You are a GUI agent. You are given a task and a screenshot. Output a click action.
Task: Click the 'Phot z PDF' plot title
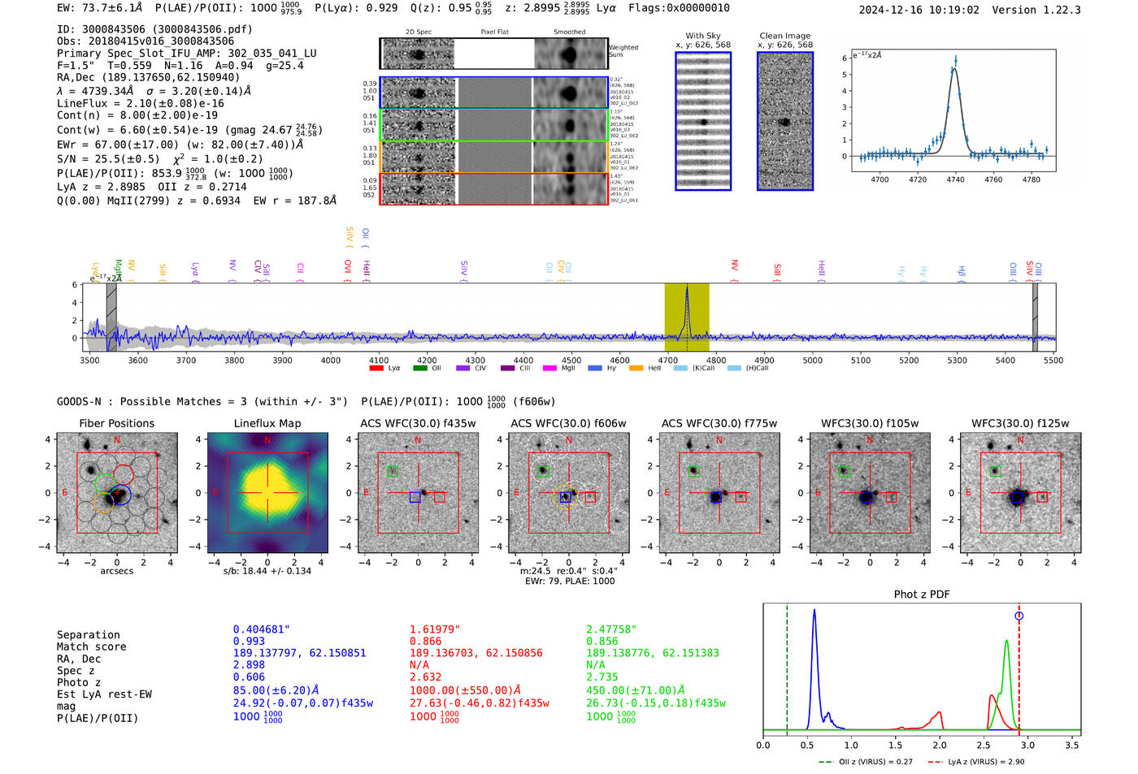(922, 595)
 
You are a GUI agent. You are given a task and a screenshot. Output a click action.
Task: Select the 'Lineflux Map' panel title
(267, 423)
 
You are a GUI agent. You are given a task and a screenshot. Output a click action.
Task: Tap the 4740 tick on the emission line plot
(955, 179)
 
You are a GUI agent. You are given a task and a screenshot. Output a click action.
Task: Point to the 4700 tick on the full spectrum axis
(667, 360)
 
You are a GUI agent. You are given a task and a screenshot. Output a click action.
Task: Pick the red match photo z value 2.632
(425, 677)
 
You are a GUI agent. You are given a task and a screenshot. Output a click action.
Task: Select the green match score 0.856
(602, 641)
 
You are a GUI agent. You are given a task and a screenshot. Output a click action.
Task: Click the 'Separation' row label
(88, 635)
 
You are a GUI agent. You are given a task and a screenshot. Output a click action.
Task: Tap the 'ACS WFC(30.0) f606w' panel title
(568, 423)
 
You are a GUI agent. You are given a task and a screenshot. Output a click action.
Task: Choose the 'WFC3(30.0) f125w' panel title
(1020, 423)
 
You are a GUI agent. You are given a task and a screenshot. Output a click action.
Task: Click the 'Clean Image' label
(784, 36)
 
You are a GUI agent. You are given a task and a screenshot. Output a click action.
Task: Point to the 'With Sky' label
(702, 36)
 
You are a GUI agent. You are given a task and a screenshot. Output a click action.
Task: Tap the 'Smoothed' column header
(569, 32)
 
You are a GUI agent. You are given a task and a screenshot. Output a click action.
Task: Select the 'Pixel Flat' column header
(494, 32)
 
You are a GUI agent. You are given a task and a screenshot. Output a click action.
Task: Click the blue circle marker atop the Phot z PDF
(1019, 616)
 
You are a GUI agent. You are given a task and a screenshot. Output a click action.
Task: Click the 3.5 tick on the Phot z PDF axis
(1072, 745)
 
